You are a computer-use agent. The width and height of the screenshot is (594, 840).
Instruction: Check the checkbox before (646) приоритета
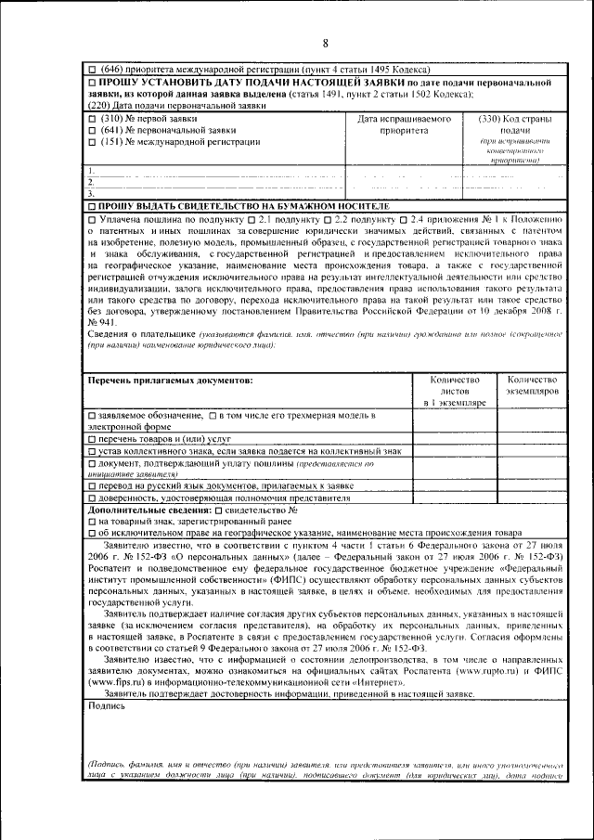[x=91, y=70]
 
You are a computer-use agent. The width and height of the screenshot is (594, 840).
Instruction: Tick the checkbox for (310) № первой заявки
[x=91, y=120]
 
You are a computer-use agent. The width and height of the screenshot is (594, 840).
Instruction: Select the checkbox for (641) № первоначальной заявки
[x=91, y=131]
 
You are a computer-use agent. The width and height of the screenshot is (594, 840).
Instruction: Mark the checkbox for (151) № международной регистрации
[x=91, y=142]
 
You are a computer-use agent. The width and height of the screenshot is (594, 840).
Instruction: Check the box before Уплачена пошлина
[x=91, y=217]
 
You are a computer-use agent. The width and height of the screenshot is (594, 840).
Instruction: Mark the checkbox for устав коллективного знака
[x=91, y=450]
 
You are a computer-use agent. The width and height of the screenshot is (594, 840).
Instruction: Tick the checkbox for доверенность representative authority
[x=91, y=498]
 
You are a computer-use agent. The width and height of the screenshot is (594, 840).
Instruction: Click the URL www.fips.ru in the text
[x=115, y=682]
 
